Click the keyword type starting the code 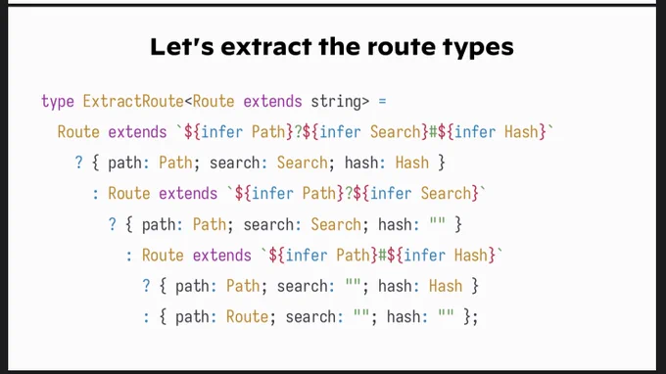[58, 102]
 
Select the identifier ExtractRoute [133, 102]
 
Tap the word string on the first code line [336, 102]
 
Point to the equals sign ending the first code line [382, 102]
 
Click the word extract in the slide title [265, 46]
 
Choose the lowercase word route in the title [402, 47]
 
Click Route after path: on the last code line [247, 316]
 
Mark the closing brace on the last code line [467, 317]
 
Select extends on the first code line [272, 102]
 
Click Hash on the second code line [521, 132]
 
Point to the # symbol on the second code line [433, 132]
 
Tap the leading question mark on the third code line [78, 163]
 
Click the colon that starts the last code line [146, 317]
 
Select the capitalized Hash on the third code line [412, 164]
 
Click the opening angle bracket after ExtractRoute [188, 102]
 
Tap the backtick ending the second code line [550, 127]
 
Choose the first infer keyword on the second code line [221, 132]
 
